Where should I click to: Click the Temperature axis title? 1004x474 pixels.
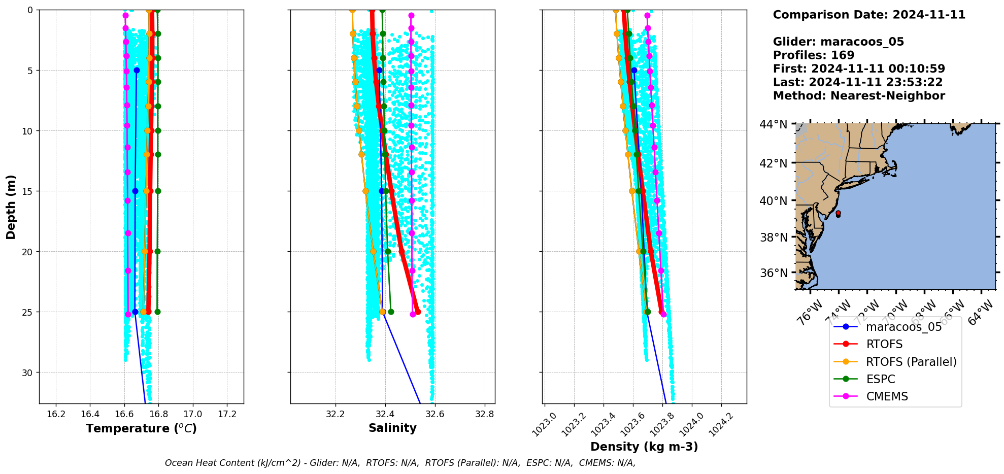(x=141, y=428)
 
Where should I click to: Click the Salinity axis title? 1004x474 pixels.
(x=392, y=428)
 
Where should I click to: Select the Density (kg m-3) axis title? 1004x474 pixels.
(x=644, y=447)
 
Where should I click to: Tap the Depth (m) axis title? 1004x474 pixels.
(x=11, y=207)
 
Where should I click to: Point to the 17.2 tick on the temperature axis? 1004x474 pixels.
(x=227, y=414)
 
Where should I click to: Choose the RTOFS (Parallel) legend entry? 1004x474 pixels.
(x=911, y=362)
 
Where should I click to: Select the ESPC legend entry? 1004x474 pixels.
(x=880, y=379)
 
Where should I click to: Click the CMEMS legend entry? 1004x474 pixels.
(x=887, y=396)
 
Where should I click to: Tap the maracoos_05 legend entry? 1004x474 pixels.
(x=903, y=327)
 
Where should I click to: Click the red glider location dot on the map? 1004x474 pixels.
(x=838, y=213)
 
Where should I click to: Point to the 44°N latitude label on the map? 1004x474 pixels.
(x=773, y=124)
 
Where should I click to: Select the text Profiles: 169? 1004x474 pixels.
(x=813, y=55)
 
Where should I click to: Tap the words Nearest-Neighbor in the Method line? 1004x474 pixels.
(x=887, y=96)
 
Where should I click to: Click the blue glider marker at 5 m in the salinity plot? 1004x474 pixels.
(x=379, y=70)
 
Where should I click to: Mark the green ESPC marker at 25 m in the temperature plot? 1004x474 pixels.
(x=157, y=312)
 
